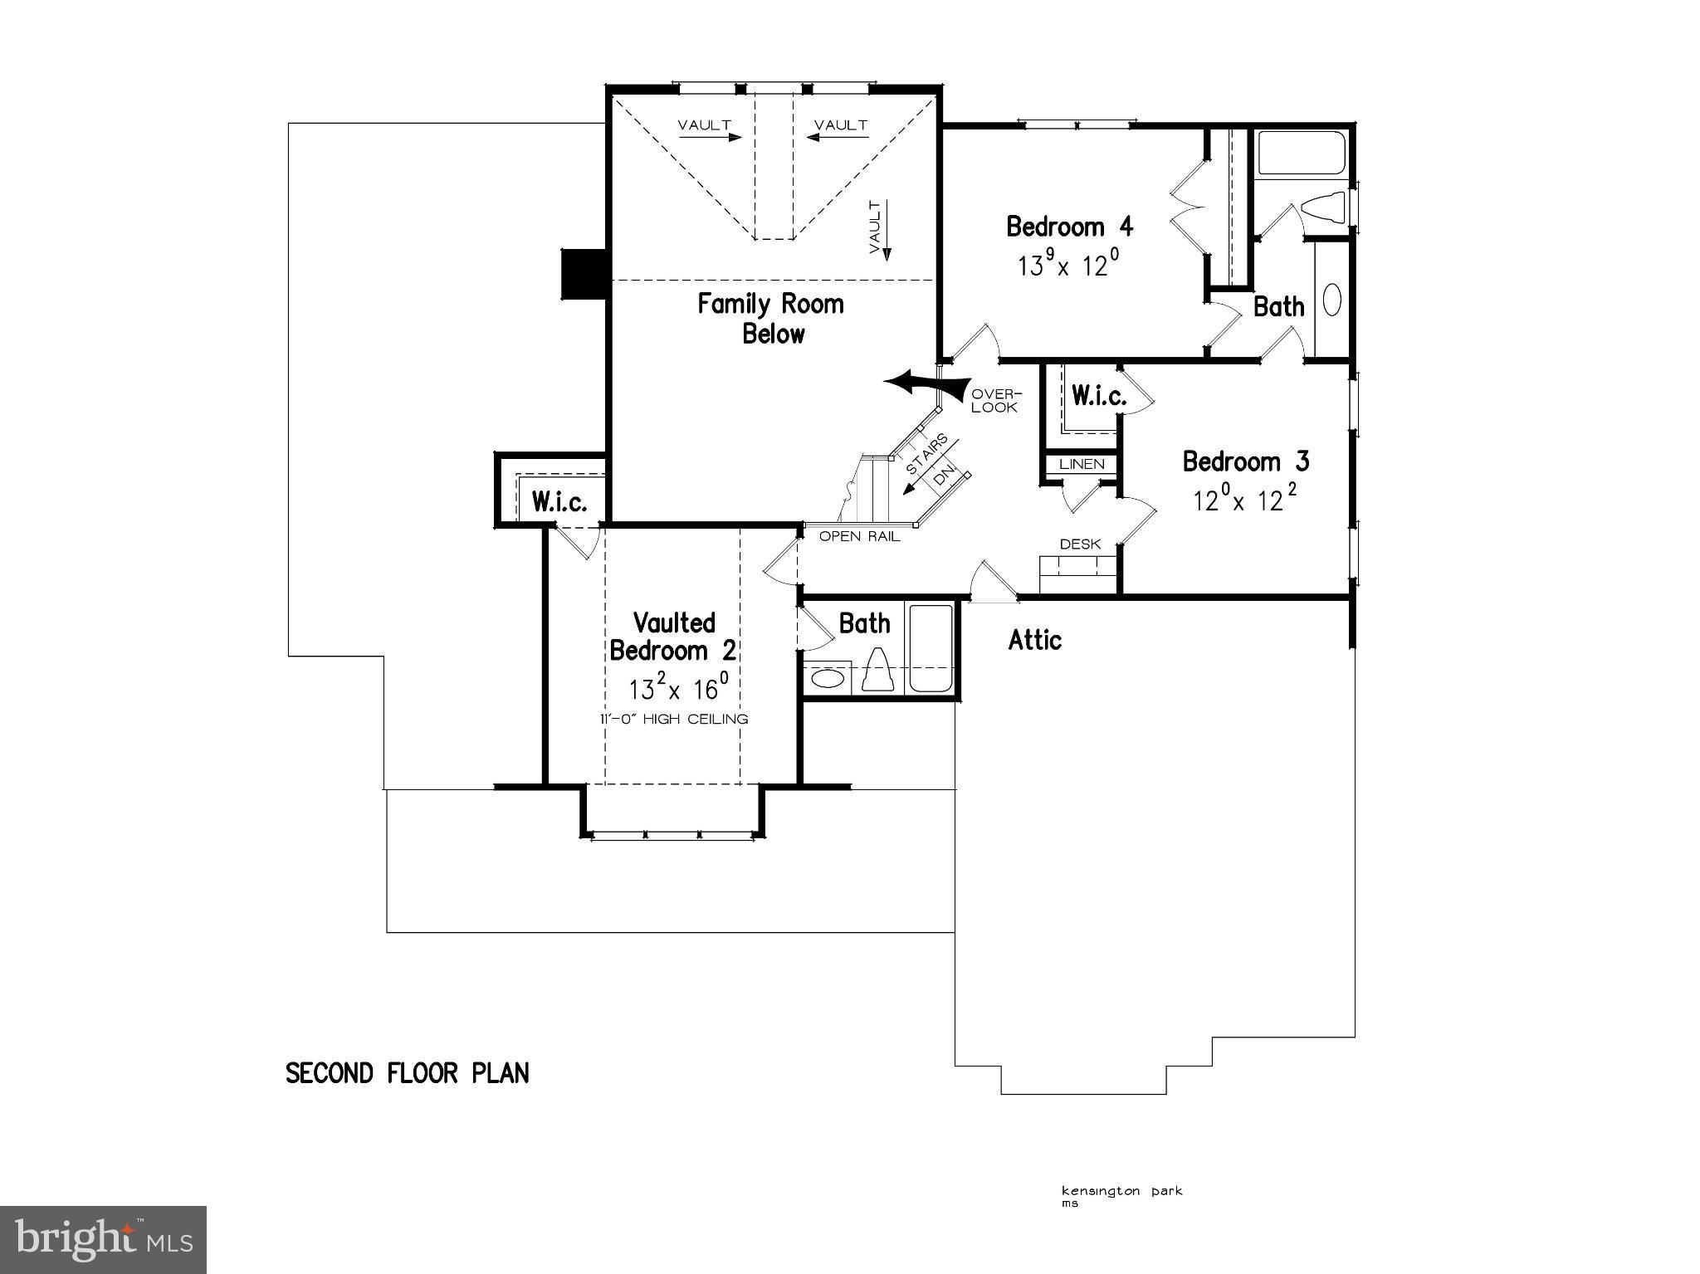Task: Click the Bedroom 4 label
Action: click(1069, 227)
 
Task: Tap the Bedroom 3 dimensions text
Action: click(1244, 500)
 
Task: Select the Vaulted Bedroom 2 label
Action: click(673, 637)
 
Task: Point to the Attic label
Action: click(1035, 640)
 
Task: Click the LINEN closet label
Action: click(1082, 465)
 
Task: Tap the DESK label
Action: click(1080, 544)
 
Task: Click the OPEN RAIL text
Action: click(859, 536)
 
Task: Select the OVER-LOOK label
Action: click(994, 401)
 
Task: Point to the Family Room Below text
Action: click(770, 319)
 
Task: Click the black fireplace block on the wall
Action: click(584, 273)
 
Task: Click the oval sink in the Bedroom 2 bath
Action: click(826, 678)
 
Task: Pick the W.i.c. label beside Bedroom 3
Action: click(1098, 397)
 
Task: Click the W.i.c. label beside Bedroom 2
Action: click(559, 502)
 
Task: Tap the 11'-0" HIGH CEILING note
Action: click(674, 720)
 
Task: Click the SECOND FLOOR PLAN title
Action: click(407, 1073)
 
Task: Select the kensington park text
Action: click(1121, 1192)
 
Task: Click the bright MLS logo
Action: click(103, 1239)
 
